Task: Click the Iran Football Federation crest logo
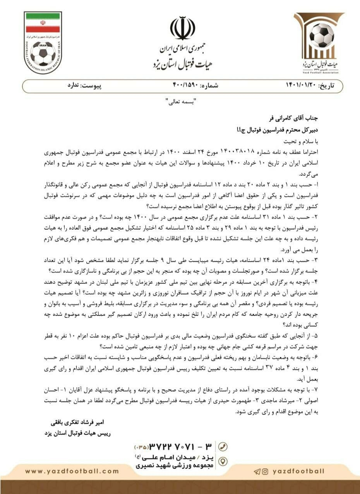[43, 43]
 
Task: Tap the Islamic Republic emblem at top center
[182, 29]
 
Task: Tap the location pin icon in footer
[223, 461]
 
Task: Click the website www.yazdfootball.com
[72, 471]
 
